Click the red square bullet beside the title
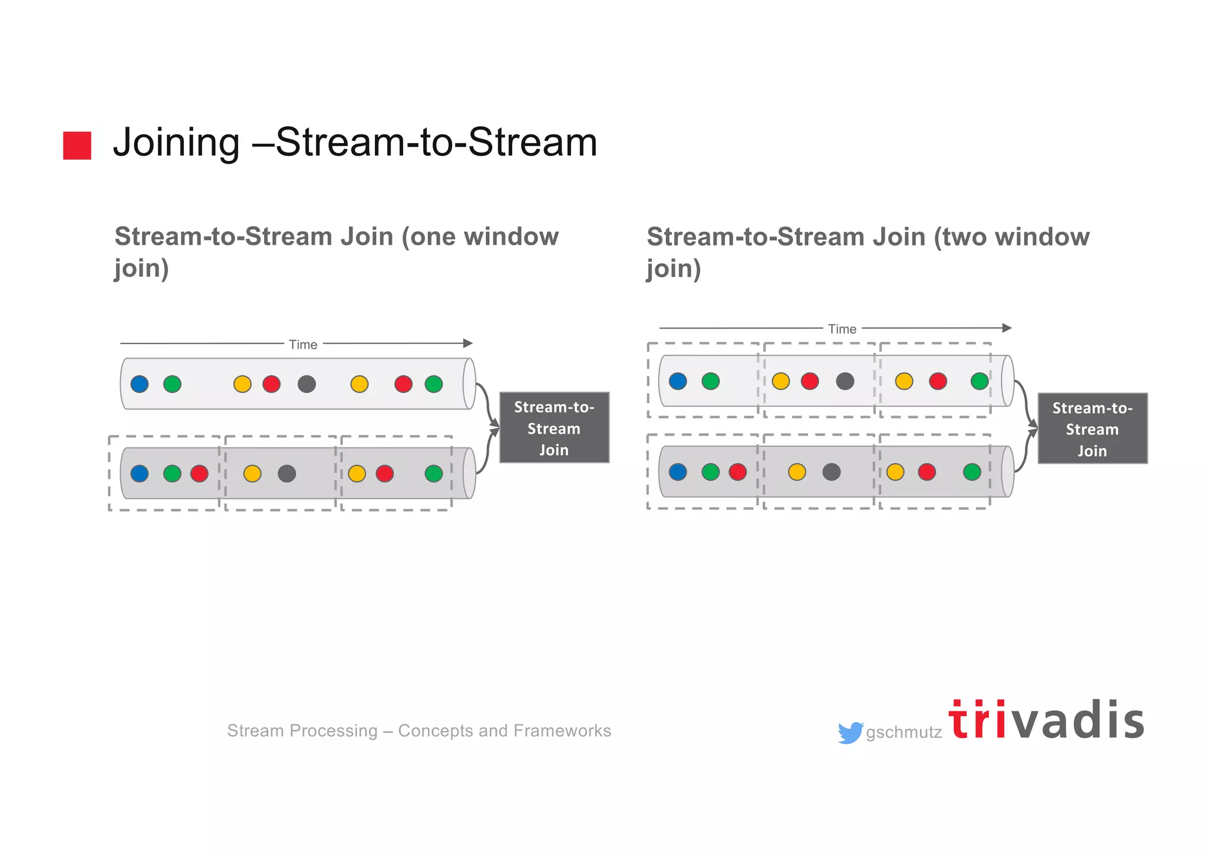point(77,146)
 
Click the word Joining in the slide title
point(176,143)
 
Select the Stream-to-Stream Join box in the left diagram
point(554,428)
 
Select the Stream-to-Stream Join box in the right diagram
point(1092,429)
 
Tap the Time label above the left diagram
point(303,345)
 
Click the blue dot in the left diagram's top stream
point(140,384)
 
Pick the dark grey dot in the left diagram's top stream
point(306,384)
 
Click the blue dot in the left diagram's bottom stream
point(140,473)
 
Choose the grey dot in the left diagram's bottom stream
point(287,473)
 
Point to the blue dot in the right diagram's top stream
point(678,381)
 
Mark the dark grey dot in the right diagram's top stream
point(845,381)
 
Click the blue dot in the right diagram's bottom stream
point(678,472)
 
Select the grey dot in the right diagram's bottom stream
point(832,472)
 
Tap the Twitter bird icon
point(850,733)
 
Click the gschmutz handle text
point(903,733)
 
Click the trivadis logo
point(1046,721)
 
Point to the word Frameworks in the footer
point(562,731)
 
